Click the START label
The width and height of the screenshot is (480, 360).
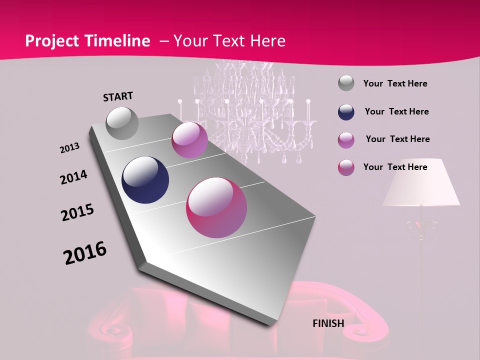(x=118, y=96)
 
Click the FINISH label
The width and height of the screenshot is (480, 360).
(x=328, y=323)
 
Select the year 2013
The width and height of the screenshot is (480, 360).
(x=69, y=148)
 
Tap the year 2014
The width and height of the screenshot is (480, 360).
(x=73, y=177)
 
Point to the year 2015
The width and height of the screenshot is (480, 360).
(x=77, y=212)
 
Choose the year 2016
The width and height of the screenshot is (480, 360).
(x=85, y=253)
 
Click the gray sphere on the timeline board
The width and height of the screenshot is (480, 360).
(x=122, y=123)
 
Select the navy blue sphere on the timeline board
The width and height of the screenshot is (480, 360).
(x=145, y=180)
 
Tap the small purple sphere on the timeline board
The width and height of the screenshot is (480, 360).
(x=189, y=140)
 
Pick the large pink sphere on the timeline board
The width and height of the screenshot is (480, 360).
(x=216, y=207)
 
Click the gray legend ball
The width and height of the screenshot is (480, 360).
(x=346, y=83)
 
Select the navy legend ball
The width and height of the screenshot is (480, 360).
(x=346, y=112)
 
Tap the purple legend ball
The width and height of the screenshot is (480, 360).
(x=346, y=140)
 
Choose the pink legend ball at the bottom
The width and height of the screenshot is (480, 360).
(x=346, y=167)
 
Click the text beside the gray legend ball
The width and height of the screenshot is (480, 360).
(x=395, y=84)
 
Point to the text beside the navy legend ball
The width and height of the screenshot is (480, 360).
(x=396, y=111)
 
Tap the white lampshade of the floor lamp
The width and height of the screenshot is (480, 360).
(x=421, y=183)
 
